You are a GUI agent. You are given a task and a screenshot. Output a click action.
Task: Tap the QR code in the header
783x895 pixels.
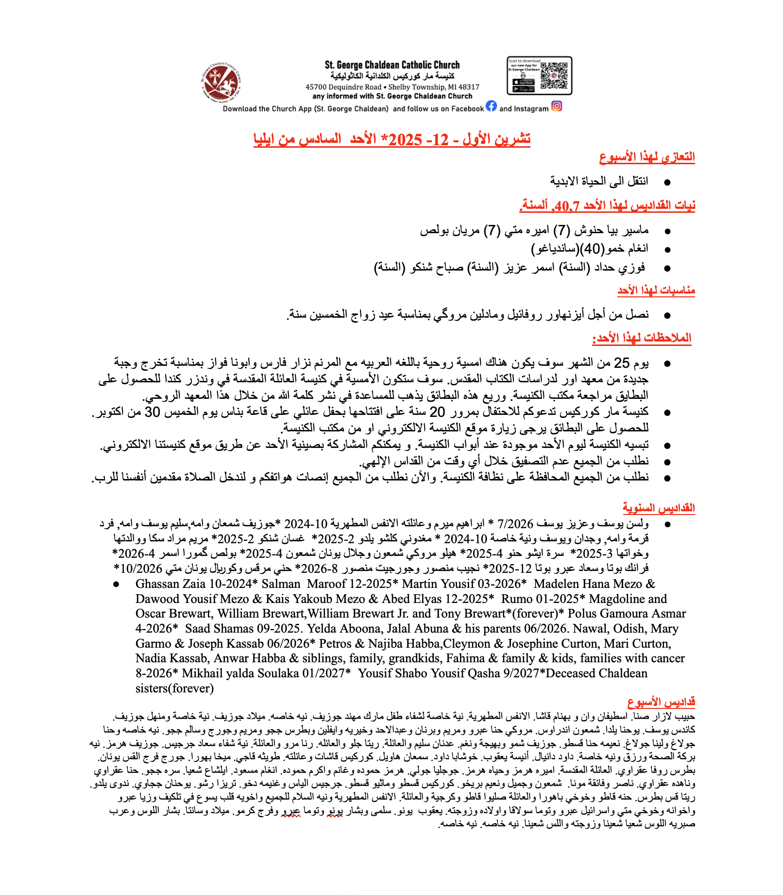click(554, 76)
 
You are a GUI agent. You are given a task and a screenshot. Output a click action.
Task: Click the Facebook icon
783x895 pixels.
click(491, 106)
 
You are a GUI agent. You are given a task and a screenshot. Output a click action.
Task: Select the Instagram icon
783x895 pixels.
click(557, 106)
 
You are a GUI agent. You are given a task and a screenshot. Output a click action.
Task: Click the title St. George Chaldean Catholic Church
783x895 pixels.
click(392, 65)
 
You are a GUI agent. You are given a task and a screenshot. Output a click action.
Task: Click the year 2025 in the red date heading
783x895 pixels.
click(406, 139)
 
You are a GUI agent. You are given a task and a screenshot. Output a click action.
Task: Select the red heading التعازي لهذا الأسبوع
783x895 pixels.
click(647, 157)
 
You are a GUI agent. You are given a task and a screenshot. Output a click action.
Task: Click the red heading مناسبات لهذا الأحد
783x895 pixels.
click(656, 291)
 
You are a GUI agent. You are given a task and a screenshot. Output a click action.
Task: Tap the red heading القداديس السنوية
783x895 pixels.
click(659, 508)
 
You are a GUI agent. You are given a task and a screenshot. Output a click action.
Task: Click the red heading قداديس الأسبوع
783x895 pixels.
click(661, 702)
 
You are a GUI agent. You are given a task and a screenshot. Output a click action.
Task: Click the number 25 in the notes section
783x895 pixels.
click(622, 363)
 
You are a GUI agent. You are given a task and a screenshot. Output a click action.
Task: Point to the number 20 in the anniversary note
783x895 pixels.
click(438, 412)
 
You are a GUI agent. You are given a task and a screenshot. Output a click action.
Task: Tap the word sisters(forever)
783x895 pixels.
click(174, 688)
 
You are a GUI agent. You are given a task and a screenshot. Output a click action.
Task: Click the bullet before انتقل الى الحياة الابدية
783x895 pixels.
click(667, 182)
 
